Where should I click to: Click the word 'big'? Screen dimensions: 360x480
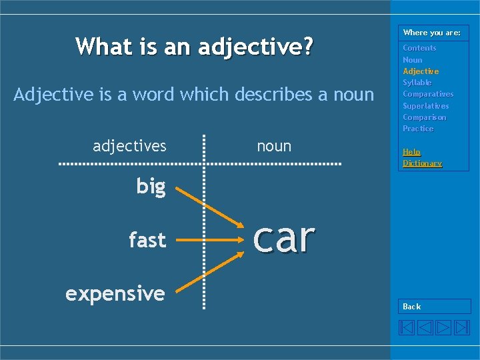151,187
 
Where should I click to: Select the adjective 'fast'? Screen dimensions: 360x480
147,239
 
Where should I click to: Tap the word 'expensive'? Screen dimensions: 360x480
115,293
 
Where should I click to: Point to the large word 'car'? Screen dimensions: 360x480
283,237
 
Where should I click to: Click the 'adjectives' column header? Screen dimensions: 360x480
129,145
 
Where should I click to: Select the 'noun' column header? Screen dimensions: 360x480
274,145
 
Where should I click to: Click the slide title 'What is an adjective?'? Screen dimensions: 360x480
194,47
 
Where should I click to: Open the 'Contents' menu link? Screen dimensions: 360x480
419,48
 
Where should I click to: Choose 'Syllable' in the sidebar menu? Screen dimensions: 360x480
417,83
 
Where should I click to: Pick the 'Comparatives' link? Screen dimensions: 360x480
427,94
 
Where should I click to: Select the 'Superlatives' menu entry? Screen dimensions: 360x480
425,106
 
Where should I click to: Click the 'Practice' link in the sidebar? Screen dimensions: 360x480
418,129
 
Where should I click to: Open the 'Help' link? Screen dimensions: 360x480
411,152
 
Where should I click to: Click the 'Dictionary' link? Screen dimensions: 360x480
422,163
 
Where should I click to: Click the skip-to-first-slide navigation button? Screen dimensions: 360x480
407,327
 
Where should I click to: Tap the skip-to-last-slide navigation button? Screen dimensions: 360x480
462,327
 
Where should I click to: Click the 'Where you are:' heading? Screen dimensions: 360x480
431,33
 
